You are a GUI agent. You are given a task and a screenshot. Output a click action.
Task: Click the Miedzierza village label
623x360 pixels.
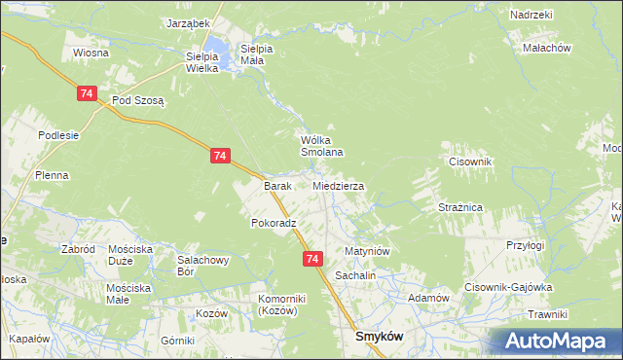click(339, 185)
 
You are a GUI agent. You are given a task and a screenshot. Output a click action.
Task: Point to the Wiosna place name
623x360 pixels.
click(89, 53)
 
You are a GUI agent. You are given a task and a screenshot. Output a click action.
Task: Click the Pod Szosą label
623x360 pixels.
click(139, 100)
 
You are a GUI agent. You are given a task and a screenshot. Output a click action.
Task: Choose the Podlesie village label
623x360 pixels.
click(58, 135)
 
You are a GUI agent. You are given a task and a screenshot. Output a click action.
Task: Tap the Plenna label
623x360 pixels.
click(51, 175)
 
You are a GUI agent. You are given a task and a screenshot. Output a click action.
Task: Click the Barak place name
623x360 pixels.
click(278, 185)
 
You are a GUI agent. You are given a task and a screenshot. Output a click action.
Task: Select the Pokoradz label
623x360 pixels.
click(274, 223)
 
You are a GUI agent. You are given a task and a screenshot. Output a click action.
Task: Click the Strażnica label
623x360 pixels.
click(460, 207)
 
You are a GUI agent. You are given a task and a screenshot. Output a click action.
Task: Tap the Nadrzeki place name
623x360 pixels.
click(531, 16)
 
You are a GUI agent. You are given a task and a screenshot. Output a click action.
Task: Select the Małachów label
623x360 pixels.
click(546, 47)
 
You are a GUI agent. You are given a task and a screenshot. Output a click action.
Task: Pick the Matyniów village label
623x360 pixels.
click(367, 251)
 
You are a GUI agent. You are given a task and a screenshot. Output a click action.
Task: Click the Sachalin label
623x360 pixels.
click(355, 275)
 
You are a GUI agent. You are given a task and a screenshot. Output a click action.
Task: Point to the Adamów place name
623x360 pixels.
click(427, 298)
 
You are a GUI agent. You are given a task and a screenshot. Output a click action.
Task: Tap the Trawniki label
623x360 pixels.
click(547, 314)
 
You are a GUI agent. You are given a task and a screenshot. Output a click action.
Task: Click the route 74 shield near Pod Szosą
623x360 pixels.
click(88, 93)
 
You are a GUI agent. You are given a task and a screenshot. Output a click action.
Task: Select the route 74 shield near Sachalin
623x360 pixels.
click(311, 259)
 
